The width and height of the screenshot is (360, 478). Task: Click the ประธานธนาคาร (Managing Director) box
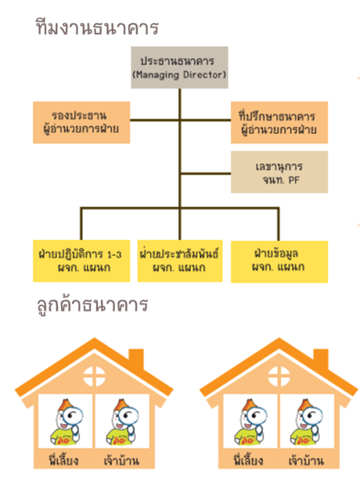click(x=179, y=67)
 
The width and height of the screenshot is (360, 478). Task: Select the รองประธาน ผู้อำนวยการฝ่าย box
click(x=81, y=122)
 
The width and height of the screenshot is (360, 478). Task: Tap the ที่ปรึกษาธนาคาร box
click(x=279, y=122)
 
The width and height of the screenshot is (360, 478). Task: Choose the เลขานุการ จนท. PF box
click(x=279, y=172)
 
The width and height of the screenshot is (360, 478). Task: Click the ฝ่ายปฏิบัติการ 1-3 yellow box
click(x=81, y=261)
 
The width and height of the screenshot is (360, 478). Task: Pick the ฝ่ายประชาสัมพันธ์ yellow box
click(x=180, y=261)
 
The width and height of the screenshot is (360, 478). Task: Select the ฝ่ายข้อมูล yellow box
click(x=279, y=262)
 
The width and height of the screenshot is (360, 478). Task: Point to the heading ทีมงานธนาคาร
click(x=97, y=27)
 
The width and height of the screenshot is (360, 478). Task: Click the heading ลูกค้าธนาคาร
click(x=92, y=304)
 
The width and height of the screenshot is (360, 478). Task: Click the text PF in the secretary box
click(x=293, y=180)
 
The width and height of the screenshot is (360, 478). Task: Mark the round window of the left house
click(x=95, y=377)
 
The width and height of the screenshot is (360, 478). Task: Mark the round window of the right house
click(x=279, y=377)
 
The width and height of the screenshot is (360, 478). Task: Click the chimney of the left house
click(x=136, y=359)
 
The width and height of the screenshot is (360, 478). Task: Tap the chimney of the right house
click(x=321, y=359)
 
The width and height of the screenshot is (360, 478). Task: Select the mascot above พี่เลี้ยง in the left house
click(x=67, y=422)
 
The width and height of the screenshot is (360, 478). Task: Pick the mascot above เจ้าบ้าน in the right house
click(x=306, y=422)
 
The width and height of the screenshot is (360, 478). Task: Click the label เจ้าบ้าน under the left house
click(x=121, y=460)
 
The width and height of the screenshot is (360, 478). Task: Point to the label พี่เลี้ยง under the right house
click(x=249, y=460)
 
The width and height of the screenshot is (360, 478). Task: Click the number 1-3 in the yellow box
click(x=114, y=255)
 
